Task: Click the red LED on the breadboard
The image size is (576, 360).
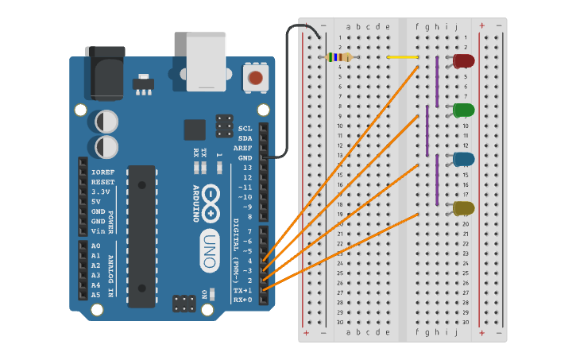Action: pyautogui.click(x=463, y=60)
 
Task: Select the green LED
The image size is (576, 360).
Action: pyautogui.click(x=463, y=110)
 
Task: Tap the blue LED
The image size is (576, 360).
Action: pyautogui.click(x=463, y=159)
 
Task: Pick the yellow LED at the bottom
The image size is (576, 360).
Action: pyautogui.click(x=463, y=208)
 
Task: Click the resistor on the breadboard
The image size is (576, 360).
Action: pyautogui.click(x=340, y=57)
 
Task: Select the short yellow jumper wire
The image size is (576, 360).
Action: pyautogui.click(x=402, y=57)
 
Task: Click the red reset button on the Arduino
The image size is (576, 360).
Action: pyautogui.click(x=255, y=77)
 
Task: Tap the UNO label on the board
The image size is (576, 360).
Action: pyautogui.click(x=208, y=240)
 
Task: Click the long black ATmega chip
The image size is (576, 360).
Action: pyautogui.click(x=141, y=236)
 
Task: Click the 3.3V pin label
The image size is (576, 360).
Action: pyautogui.click(x=101, y=192)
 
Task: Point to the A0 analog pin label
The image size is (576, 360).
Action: pyautogui.click(x=96, y=246)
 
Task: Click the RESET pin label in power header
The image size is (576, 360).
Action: pyautogui.click(x=103, y=182)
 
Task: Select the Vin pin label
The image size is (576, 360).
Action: pyautogui.click(x=98, y=230)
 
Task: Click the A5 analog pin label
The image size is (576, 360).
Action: pyautogui.click(x=96, y=295)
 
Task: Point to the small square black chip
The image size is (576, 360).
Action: pyautogui.click(x=195, y=130)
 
